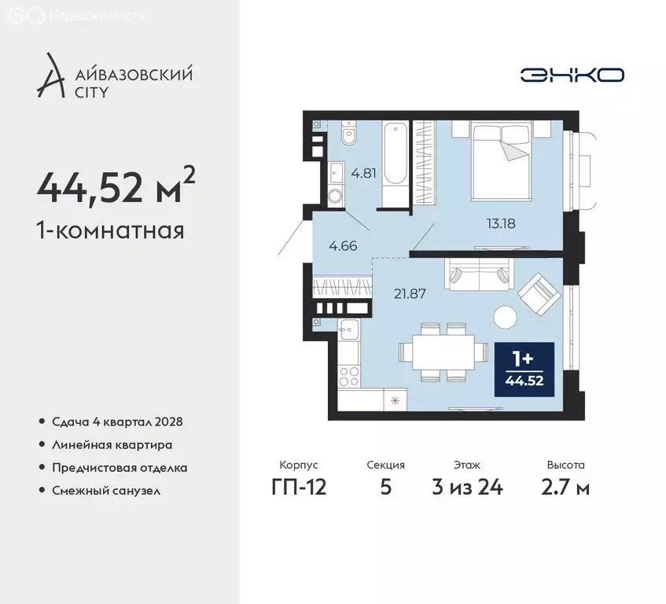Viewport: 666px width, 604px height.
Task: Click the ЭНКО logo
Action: click(572, 75)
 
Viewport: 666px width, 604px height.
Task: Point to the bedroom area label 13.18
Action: click(500, 222)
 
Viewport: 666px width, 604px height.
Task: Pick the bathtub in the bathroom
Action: click(395, 161)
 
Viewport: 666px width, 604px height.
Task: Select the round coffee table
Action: click(504, 317)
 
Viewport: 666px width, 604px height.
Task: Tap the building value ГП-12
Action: click(298, 487)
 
